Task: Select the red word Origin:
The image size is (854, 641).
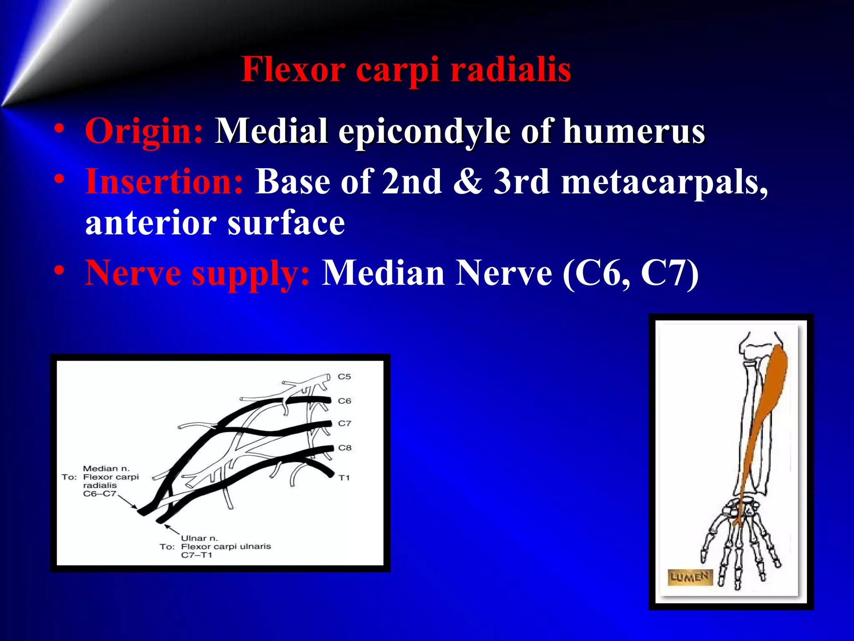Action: click(144, 131)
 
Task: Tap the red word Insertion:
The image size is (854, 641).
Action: click(164, 182)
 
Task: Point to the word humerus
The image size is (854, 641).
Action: click(634, 131)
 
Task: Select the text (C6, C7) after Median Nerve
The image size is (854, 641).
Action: click(630, 273)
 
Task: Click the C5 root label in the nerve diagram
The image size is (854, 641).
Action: click(344, 376)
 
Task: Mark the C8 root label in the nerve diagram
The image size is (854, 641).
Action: click(345, 448)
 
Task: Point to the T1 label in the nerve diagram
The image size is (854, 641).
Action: click(344, 478)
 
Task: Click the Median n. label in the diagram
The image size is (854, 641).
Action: click(106, 469)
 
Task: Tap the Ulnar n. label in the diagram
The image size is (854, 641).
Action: click(199, 538)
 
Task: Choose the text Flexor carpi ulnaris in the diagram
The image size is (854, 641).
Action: click(226, 547)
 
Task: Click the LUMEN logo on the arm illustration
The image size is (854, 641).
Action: click(690, 577)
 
